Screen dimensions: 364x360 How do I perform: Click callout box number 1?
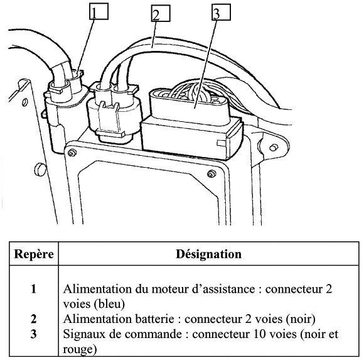pyautogui.click(x=99, y=11)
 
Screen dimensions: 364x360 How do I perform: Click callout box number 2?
pyautogui.click(x=161, y=13)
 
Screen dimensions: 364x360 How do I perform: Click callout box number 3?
pyautogui.click(x=221, y=12)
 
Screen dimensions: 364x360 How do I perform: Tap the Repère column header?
pyautogui.click(x=34, y=254)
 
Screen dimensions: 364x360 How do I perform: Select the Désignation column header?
pyautogui.click(x=208, y=254)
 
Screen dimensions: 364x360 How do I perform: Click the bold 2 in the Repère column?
pyautogui.click(x=34, y=319)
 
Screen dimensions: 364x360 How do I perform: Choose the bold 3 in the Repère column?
pyautogui.click(x=34, y=334)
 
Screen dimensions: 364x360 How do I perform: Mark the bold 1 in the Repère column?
pyautogui.click(x=34, y=289)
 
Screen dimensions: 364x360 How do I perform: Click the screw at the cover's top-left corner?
pyautogui.click(x=72, y=153)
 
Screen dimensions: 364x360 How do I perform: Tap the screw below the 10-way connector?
pyautogui.click(x=211, y=173)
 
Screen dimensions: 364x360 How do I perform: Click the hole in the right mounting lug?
pyautogui.click(x=274, y=148)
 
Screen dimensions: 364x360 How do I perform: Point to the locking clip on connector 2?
pyautogui.click(x=110, y=120)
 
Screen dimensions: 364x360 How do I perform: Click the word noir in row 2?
pyautogui.click(x=301, y=319)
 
